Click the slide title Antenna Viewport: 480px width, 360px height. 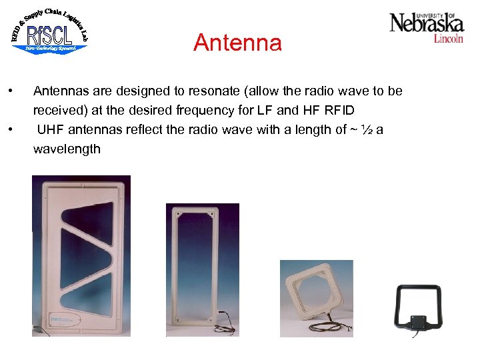coord(237,43)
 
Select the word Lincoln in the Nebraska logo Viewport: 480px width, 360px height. coord(448,39)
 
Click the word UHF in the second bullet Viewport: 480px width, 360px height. coord(51,129)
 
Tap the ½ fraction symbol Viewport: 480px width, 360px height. coord(365,129)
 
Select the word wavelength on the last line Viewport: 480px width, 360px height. coord(67,149)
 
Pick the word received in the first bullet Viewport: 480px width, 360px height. coord(59,110)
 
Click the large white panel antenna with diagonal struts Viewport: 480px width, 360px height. coord(81,255)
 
